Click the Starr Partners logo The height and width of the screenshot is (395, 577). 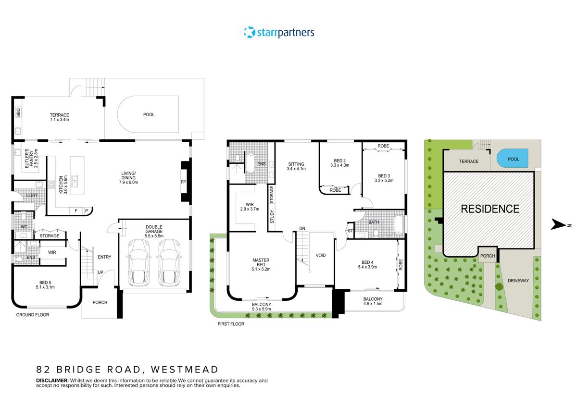coord(279,33)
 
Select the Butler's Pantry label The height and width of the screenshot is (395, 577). coord(31,159)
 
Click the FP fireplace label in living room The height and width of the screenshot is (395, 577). coord(183,183)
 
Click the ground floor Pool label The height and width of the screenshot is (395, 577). coord(149,115)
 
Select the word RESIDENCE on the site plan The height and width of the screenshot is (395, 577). coord(490,209)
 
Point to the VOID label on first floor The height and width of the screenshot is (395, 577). coord(321,255)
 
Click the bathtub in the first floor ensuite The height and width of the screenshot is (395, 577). coord(250,162)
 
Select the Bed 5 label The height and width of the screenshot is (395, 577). coord(46,285)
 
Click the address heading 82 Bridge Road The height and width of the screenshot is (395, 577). coord(127,370)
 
